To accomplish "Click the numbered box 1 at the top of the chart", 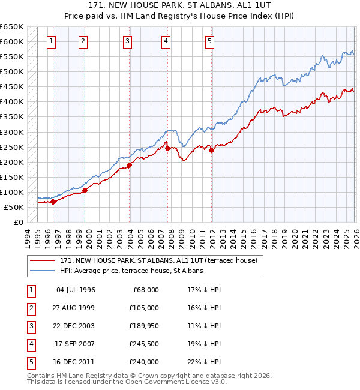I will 52,41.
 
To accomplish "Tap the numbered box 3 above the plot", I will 128,41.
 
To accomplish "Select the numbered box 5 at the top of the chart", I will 209,41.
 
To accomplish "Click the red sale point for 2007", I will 167,148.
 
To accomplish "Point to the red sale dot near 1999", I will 85,190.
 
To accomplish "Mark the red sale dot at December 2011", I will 212,150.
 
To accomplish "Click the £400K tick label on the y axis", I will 11,102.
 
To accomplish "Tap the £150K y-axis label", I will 11,178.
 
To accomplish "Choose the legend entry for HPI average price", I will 131,271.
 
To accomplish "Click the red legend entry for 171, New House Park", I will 158,260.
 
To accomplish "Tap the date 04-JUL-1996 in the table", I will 76,290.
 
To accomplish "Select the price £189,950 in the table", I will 142,326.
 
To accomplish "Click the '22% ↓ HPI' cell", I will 203,362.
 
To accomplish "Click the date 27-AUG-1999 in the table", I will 75,308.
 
